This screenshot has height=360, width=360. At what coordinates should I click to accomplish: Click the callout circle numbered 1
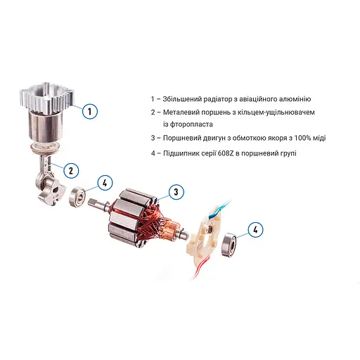[x=90, y=111]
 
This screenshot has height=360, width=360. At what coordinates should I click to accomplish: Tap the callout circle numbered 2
[x=71, y=170]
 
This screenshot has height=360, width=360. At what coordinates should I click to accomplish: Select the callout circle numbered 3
[x=176, y=192]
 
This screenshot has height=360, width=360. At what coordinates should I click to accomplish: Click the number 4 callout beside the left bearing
[x=105, y=183]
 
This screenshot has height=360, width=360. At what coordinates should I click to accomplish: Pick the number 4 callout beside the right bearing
[x=255, y=229]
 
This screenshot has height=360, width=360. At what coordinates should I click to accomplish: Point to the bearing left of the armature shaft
[x=77, y=196]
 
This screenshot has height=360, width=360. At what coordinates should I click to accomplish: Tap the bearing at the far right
[x=229, y=245]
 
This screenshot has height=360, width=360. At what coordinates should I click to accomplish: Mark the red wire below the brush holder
[x=199, y=268]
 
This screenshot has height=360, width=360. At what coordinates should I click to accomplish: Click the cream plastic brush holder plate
[x=205, y=237]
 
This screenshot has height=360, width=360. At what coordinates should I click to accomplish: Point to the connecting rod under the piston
[x=48, y=164]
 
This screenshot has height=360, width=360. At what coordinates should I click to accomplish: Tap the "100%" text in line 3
[x=303, y=138]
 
